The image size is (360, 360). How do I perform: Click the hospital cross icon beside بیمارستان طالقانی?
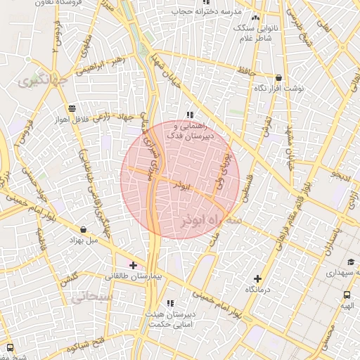[x=134, y=265]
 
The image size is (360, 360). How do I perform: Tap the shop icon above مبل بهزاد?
[x=84, y=229]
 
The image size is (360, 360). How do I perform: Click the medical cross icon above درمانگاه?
[x=257, y=279]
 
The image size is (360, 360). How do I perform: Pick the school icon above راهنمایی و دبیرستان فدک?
[x=189, y=114]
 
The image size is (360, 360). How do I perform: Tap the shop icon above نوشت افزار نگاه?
[x=279, y=78]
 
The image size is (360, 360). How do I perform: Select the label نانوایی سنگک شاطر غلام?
[x=255, y=32]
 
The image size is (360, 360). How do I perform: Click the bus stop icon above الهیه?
[x=347, y=295]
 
